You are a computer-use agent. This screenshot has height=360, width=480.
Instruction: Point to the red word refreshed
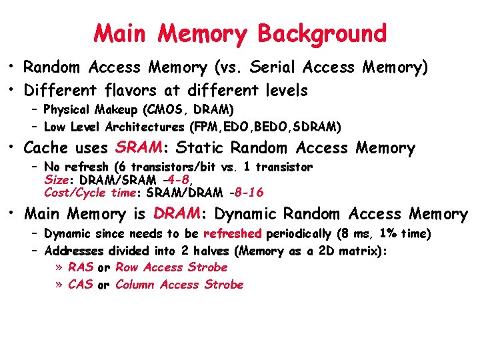(x=233, y=233)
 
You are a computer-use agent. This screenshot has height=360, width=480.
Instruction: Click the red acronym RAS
(x=81, y=267)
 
